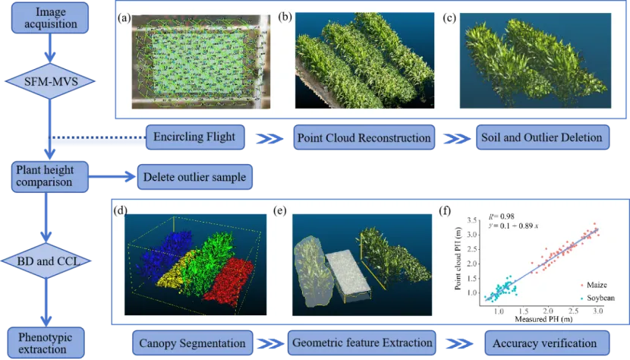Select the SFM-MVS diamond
click(x=49, y=81)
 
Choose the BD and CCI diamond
click(x=49, y=261)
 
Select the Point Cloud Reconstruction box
click(x=363, y=137)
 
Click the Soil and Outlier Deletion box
click(x=540, y=137)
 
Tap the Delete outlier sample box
click(x=193, y=177)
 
